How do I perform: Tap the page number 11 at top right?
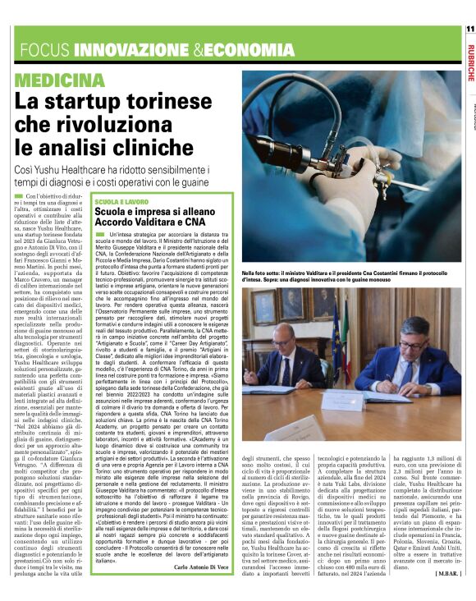tap(469, 30)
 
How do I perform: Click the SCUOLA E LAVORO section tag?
tap(122, 201)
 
